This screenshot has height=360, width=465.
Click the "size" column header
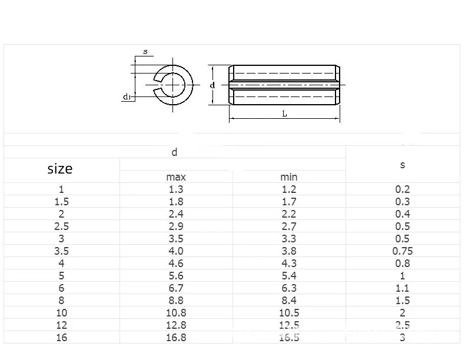59,169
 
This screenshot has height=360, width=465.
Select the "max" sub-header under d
176,177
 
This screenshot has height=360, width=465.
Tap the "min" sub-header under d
288,177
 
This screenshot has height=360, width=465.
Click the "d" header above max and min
174,153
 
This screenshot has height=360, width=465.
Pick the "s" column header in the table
403,165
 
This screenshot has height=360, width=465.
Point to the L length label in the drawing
284,114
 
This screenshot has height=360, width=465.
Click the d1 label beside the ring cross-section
127,96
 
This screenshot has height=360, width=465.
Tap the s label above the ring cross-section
145,52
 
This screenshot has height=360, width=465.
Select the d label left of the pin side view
212,85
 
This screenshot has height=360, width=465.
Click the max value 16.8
176,338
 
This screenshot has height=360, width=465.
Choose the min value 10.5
288,313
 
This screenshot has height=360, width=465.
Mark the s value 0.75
403,251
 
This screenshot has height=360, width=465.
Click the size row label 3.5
61,251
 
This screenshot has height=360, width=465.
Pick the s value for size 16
403,338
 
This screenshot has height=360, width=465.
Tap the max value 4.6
176,264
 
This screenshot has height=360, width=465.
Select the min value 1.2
288,189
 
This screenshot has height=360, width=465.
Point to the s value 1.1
403,288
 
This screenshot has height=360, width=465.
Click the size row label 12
61,325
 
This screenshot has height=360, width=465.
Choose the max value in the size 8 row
176,301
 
